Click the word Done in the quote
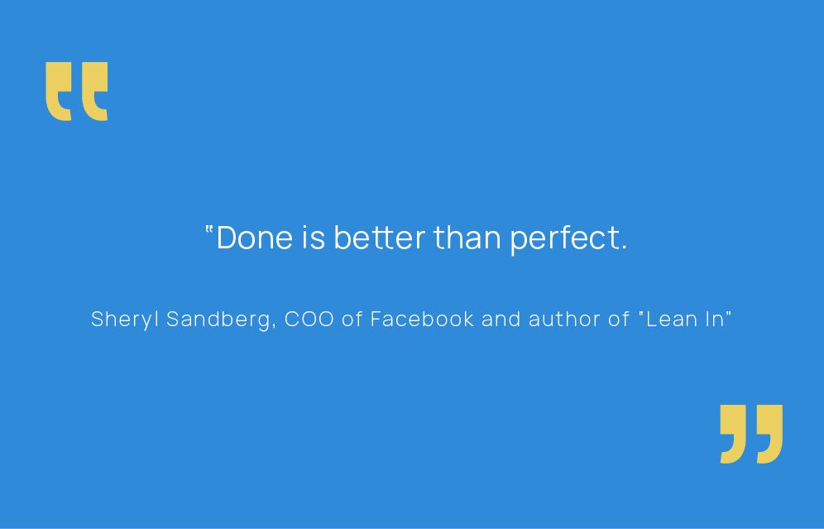[254, 238]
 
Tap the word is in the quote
[314, 238]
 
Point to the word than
[467, 238]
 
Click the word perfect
[561, 240]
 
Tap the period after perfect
[623, 248]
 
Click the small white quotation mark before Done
[208, 229]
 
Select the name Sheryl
[125, 320]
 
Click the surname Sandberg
[218, 320]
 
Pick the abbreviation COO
[309, 320]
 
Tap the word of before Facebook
[352, 319]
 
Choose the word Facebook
[422, 319]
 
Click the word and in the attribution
[501, 319]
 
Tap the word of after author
[619, 319]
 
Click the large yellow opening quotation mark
[77, 92]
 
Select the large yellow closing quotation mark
[751, 434]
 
